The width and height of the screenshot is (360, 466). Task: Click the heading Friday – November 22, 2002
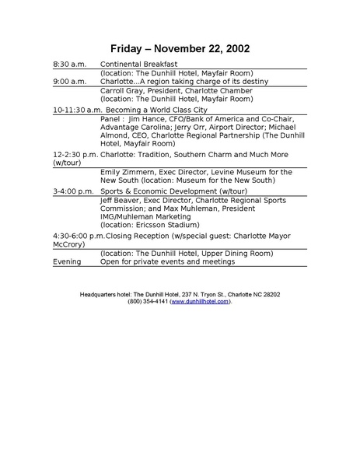180,49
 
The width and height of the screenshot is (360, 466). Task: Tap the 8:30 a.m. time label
69,64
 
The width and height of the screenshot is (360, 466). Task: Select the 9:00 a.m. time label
69,82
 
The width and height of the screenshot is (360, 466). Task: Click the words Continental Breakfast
139,64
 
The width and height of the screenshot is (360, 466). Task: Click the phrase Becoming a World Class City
163,110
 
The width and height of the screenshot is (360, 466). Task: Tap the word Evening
67,262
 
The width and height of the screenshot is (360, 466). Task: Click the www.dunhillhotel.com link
200,301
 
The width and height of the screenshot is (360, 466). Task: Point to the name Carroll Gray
121,91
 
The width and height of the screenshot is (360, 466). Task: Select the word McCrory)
69,244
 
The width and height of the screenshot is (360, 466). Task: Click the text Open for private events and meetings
167,262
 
